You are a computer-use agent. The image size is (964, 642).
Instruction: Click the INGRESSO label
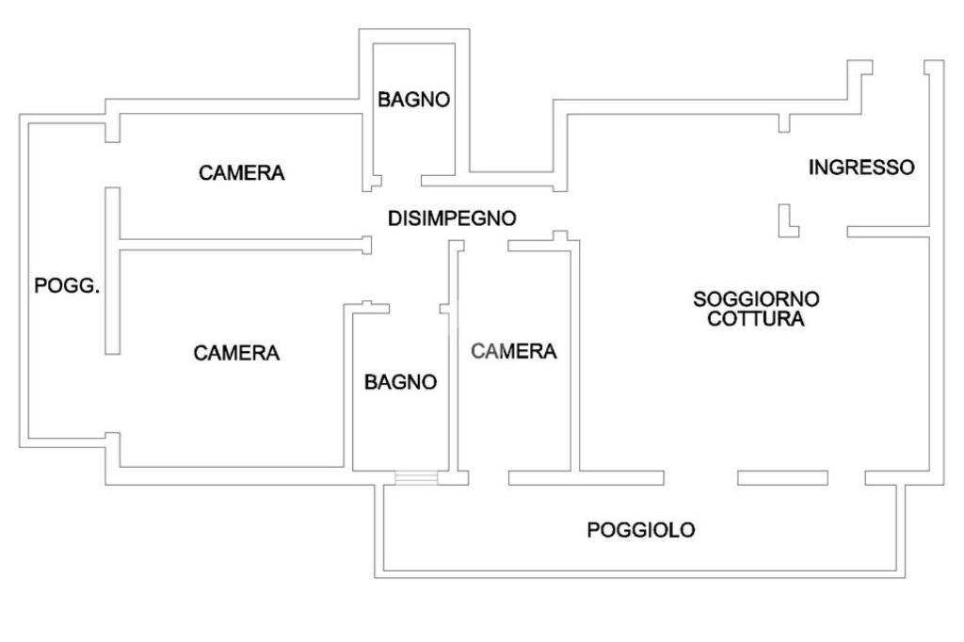(x=861, y=168)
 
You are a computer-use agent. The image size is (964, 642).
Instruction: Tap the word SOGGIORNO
(x=756, y=299)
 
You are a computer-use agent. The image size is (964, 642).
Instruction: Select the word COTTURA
(x=756, y=319)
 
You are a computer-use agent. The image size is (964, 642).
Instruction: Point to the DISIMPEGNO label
(x=452, y=218)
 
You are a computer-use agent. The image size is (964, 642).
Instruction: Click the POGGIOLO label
(x=641, y=530)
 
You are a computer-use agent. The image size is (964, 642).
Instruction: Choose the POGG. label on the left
(x=67, y=286)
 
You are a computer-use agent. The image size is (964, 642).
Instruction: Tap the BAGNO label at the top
(x=413, y=99)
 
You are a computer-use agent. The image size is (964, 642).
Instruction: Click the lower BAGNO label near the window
(x=401, y=381)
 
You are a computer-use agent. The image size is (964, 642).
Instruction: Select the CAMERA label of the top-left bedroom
(x=242, y=173)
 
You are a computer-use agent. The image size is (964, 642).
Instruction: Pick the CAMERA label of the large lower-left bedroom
(x=236, y=353)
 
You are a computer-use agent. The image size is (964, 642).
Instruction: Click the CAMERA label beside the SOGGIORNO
(x=514, y=351)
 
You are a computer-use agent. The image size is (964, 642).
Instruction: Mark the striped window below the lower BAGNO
(x=416, y=478)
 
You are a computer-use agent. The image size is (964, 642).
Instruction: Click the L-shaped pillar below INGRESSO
(x=785, y=222)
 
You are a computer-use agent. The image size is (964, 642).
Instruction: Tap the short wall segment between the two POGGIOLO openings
(x=782, y=477)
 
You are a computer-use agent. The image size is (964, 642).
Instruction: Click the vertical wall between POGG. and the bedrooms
(x=112, y=270)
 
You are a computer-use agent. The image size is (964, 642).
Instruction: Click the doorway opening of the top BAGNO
(x=401, y=179)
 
